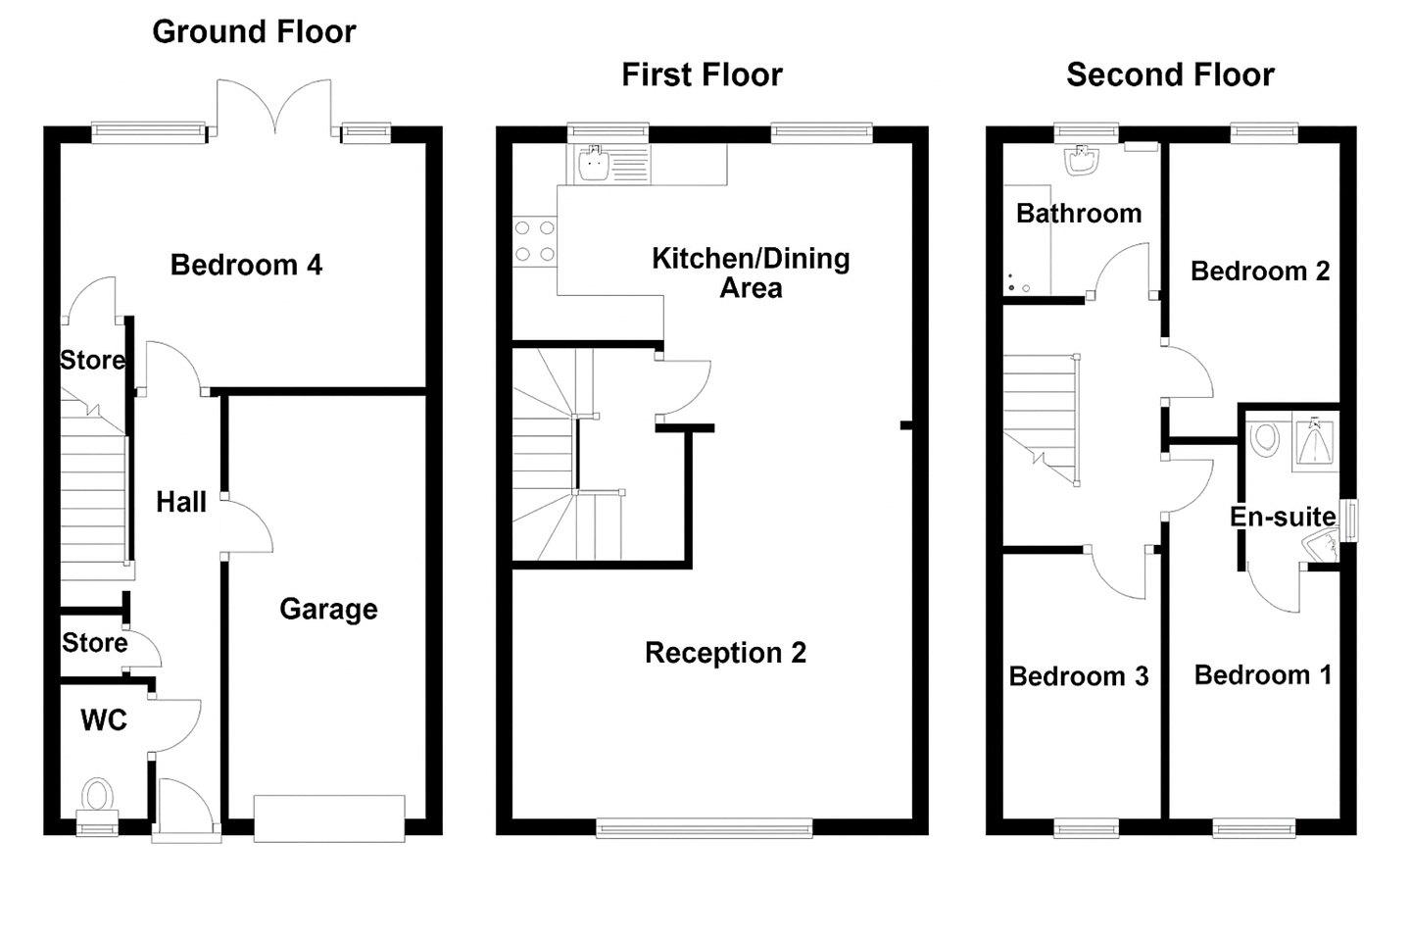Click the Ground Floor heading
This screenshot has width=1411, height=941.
click(254, 32)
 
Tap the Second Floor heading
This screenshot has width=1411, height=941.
click(1170, 75)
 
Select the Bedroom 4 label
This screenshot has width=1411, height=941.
click(246, 265)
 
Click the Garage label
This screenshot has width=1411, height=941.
click(328, 610)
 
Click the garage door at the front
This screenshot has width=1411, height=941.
click(329, 818)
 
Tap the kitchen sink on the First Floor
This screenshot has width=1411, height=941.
click(593, 163)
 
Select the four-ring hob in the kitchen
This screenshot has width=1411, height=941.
click(535, 241)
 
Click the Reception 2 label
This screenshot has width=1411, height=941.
click(725, 653)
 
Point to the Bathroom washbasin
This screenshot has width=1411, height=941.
click(1082, 160)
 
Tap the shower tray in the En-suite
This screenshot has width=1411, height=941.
click(1315, 442)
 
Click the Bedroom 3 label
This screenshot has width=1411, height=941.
click(1079, 676)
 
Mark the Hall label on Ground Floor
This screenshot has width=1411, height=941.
click(180, 502)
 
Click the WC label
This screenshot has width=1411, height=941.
click(104, 719)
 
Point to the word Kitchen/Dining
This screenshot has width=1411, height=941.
click(751, 259)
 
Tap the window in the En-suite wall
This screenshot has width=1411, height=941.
click(1349, 520)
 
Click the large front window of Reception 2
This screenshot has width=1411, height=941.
click(705, 827)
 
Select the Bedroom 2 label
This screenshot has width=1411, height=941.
click(1260, 272)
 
